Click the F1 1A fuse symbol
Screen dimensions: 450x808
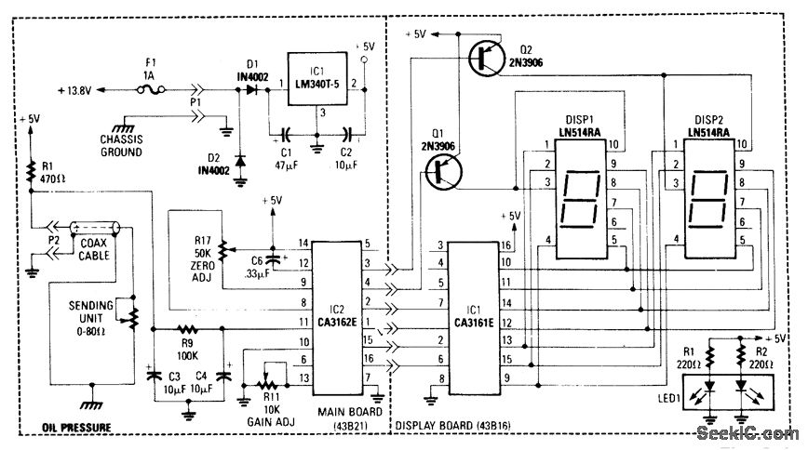coord(155,90)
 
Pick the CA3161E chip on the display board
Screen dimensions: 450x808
coord(475,311)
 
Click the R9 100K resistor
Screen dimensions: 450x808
coord(190,328)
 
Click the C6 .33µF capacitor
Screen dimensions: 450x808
coord(272,258)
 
